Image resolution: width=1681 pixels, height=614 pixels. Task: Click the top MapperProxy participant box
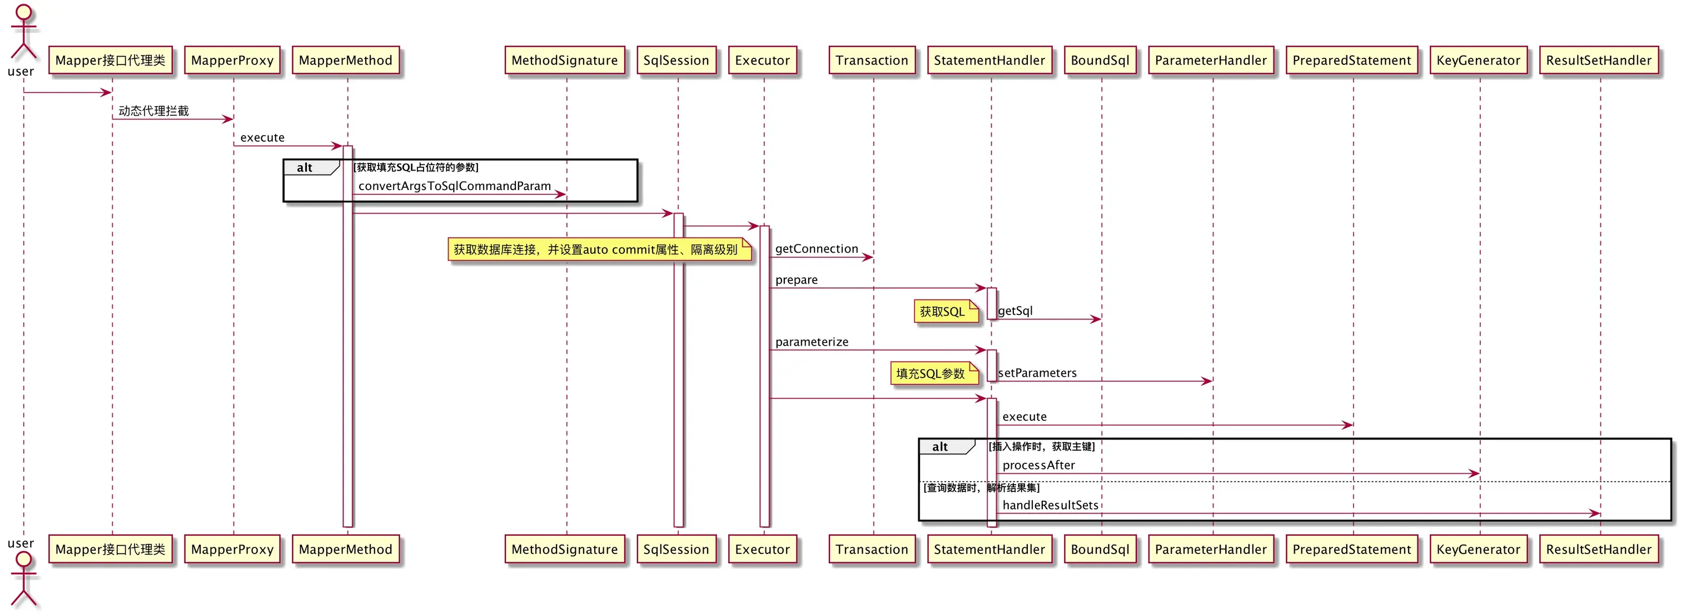pos(232,60)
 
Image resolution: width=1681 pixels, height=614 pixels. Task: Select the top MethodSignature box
pos(564,60)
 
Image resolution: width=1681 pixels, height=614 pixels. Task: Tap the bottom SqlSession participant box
pos(676,550)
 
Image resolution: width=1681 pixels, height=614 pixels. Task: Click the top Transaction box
pos(872,60)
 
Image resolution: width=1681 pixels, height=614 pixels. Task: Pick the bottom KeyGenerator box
pos(1478,550)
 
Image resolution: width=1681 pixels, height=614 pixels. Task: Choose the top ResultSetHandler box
pos(1599,60)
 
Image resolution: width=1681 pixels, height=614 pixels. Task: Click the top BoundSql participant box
pos(1100,60)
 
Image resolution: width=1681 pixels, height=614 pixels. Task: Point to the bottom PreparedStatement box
pos(1352,550)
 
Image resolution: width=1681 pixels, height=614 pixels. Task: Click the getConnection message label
pos(817,248)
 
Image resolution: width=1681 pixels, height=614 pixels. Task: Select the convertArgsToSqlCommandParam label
pos(455,186)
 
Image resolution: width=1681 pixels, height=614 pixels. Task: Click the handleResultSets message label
pos(1051,505)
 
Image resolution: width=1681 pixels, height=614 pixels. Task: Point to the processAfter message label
pos(1039,465)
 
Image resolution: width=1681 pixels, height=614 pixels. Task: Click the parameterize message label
pos(812,342)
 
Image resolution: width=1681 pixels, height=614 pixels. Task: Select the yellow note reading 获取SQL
pos(946,311)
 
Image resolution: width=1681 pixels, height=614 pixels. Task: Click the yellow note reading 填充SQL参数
pos(934,373)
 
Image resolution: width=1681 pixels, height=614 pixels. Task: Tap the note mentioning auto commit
pos(600,249)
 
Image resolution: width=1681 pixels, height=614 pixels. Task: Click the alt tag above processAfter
pos(946,447)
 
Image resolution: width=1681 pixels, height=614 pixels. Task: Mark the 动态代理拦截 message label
pos(153,111)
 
